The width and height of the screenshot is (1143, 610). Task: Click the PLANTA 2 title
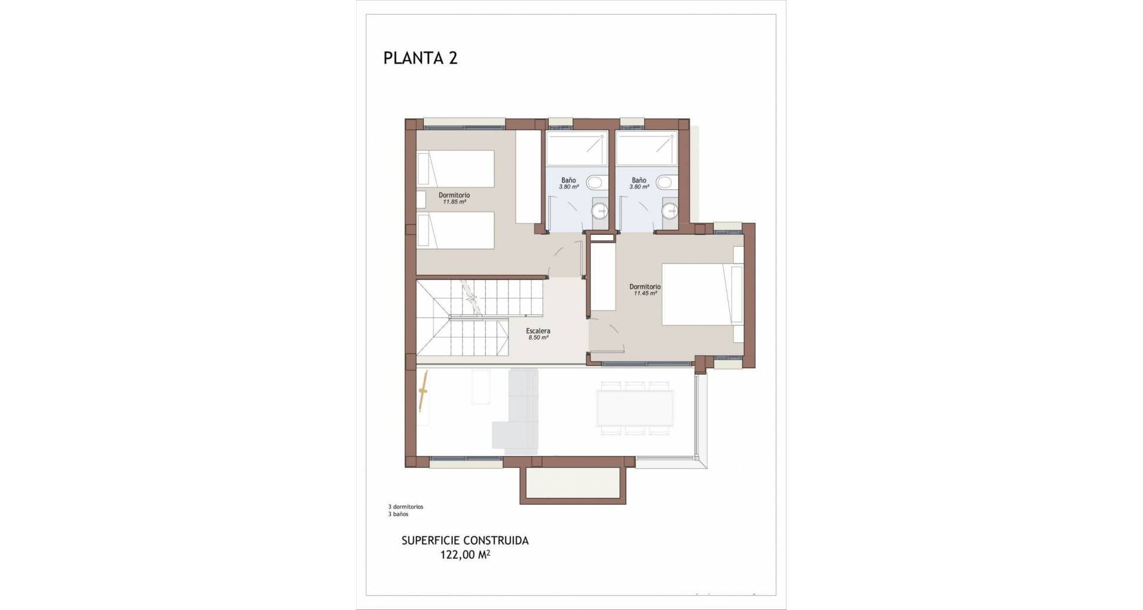(x=420, y=58)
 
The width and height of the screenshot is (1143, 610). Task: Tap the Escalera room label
(x=538, y=331)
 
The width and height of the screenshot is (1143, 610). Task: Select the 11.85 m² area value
(x=454, y=202)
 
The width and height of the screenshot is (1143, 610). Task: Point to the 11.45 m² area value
(x=645, y=293)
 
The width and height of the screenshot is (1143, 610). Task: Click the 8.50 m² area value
(x=538, y=338)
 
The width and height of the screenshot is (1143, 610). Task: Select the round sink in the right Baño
(x=671, y=210)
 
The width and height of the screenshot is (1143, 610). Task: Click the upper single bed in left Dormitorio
(x=455, y=168)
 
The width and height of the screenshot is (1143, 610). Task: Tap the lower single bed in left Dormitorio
(x=455, y=231)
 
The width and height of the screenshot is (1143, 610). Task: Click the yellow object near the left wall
(x=423, y=391)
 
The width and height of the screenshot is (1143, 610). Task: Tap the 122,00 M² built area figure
(x=466, y=555)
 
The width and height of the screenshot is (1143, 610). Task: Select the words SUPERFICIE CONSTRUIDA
(x=465, y=541)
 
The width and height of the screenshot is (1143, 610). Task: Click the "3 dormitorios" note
(x=405, y=507)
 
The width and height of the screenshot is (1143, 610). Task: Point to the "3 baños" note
(x=398, y=514)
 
